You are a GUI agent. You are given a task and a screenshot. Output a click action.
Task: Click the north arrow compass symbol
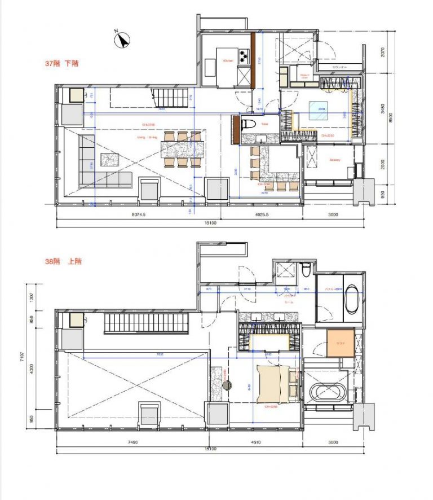pyautogui.click(x=122, y=40)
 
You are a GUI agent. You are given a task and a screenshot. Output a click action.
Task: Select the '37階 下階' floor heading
pyautogui.click(x=62, y=64)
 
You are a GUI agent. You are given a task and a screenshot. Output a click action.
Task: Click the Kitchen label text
pyautogui.click(x=228, y=60)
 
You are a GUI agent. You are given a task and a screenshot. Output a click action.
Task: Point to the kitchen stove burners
pyautogui.click(x=244, y=56)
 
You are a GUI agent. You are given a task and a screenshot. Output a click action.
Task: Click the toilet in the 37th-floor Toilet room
pyautogui.click(x=246, y=124)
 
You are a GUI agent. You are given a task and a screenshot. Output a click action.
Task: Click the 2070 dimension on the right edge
pyautogui.click(x=382, y=52)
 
